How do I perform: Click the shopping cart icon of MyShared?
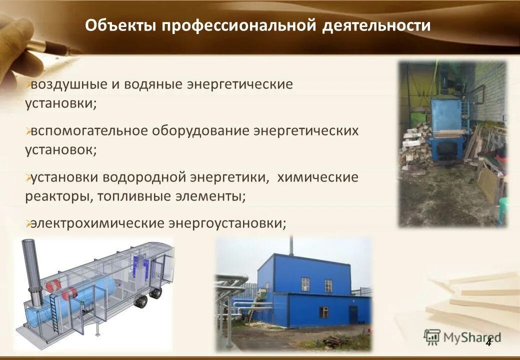pyautogui.click(x=432, y=337)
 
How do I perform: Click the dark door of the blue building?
pyautogui.click(x=353, y=315)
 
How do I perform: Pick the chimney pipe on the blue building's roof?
pyautogui.click(x=292, y=245)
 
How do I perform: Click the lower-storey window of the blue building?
pyautogui.click(x=324, y=312)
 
